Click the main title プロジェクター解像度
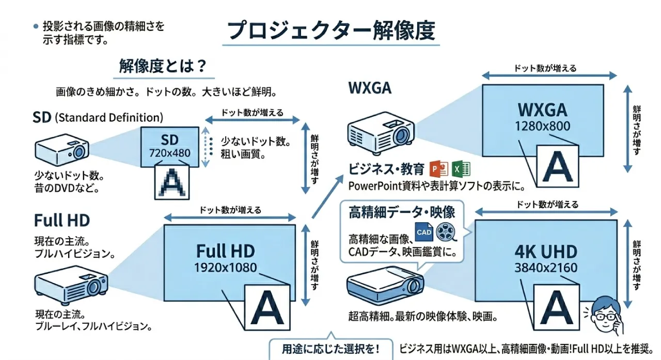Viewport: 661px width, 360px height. coord(331,31)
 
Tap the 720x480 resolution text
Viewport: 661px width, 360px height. coord(169,153)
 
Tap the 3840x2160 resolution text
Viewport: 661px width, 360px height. coord(546,268)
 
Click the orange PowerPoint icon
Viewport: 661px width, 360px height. coord(438,169)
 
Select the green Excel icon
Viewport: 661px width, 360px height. coord(460,169)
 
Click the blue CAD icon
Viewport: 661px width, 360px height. coord(424,232)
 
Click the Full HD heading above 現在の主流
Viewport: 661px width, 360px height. coord(62,221)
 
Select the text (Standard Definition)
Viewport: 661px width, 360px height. coord(108,117)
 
